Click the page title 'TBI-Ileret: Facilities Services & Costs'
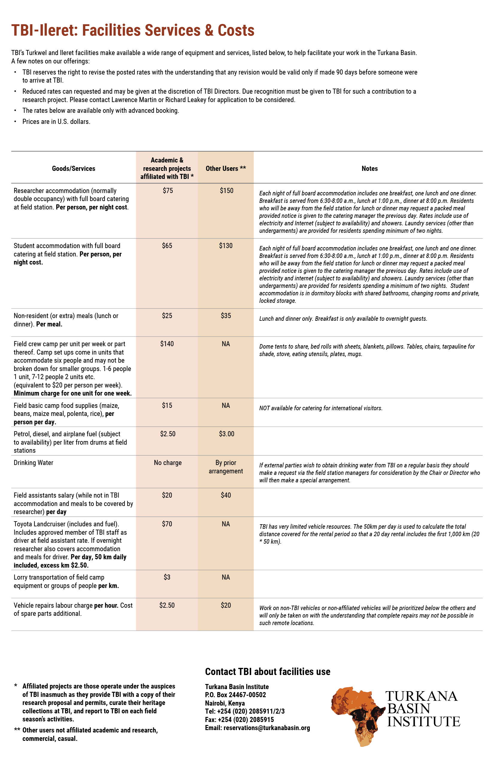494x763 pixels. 133,31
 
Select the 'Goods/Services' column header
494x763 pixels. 73,169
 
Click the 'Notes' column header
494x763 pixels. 369,169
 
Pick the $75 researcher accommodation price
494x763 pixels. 167,191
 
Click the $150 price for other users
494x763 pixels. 226,191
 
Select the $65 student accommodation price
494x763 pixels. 167,246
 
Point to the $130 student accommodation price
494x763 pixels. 226,246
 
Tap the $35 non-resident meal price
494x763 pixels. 226,316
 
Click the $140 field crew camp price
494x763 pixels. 167,344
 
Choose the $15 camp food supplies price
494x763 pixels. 167,405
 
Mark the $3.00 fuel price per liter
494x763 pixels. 226,434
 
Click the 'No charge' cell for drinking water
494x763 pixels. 167,463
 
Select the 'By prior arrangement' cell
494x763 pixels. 226,467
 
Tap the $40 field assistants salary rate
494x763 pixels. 226,495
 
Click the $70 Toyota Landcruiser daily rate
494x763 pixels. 167,524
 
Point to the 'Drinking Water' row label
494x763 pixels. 33,463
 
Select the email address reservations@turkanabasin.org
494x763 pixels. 266,728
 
